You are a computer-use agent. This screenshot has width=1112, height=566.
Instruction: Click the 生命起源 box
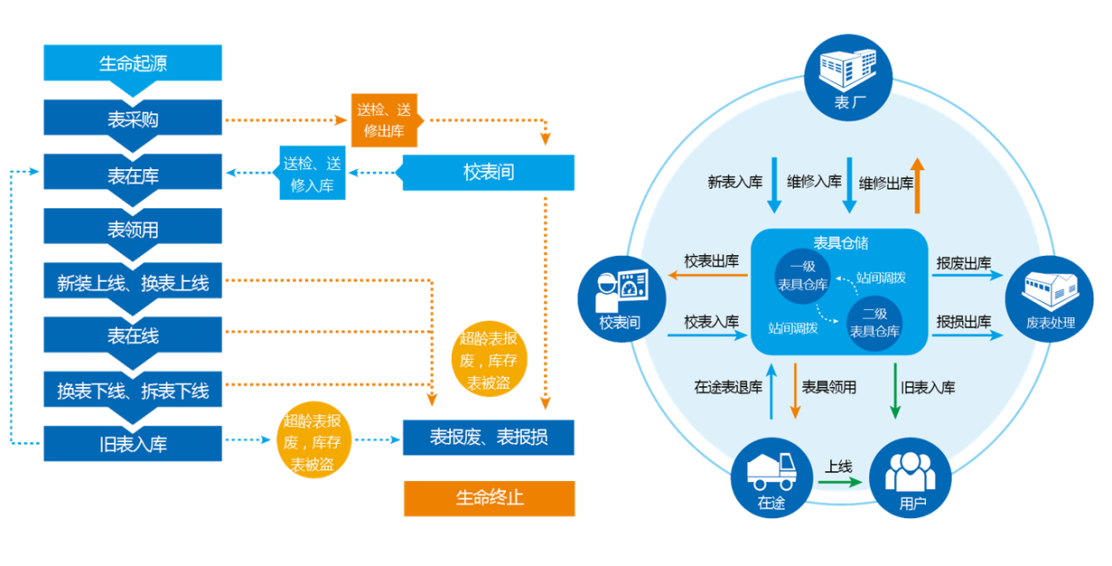click(133, 64)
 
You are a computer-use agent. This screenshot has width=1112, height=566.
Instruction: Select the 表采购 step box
click(133, 119)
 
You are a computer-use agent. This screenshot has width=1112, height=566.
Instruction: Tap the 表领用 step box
click(133, 229)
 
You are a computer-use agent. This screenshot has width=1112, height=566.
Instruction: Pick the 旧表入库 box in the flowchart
click(133, 444)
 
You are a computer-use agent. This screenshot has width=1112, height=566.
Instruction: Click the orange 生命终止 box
click(489, 498)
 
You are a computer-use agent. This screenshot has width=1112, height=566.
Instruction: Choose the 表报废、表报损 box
click(488, 438)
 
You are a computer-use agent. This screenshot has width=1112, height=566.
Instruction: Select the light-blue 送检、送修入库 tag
click(313, 173)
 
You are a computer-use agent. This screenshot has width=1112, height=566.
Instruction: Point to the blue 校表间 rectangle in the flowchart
click(488, 172)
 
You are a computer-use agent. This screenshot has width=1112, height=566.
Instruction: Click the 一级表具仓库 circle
click(802, 275)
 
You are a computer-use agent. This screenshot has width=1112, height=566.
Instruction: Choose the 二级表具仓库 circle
click(874, 322)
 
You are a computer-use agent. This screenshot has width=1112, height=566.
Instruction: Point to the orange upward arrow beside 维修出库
click(918, 186)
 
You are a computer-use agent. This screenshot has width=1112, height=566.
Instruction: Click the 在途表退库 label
click(727, 387)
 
